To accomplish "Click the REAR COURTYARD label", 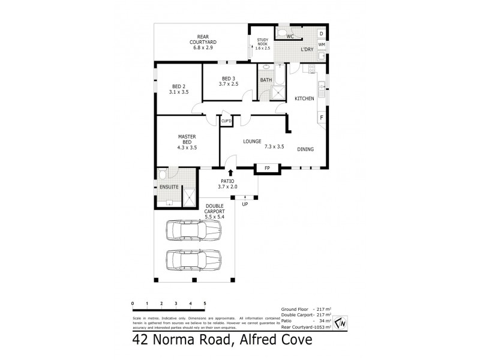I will click(203, 41).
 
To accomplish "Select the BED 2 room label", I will click(179, 89).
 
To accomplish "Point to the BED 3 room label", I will click(230, 81).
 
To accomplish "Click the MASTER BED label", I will click(187, 142).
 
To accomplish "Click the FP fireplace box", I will click(267, 167).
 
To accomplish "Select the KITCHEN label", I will click(304, 98).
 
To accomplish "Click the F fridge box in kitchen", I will click(322, 118).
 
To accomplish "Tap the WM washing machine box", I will click(322, 44).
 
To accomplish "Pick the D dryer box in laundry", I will click(322, 33).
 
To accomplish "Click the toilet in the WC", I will click(283, 32).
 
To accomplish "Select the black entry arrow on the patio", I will click(230, 173).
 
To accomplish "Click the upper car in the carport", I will click(194, 230).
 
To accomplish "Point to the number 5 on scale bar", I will click(205, 304).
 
